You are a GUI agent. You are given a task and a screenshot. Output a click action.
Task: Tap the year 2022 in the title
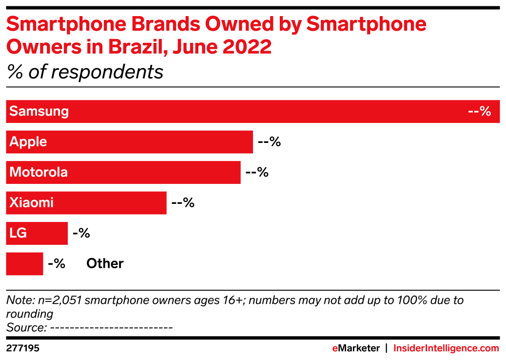(x=248, y=47)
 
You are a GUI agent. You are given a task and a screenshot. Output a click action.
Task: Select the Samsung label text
(x=39, y=112)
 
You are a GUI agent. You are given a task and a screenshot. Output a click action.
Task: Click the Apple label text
(x=28, y=142)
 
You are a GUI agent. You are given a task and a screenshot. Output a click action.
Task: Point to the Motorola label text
(x=39, y=172)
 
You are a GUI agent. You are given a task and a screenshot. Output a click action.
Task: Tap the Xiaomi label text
(x=31, y=203)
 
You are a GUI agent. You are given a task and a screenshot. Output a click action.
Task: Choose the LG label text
(x=18, y=233)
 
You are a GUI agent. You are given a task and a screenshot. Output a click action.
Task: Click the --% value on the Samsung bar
(x=479, y=112)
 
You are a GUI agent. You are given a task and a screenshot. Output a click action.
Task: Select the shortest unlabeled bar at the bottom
(x=24, y=264)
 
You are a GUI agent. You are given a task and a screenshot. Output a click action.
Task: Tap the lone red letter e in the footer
(x=335, y=348)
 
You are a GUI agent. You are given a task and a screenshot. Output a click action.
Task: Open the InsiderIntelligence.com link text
(x=446, y=348)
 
